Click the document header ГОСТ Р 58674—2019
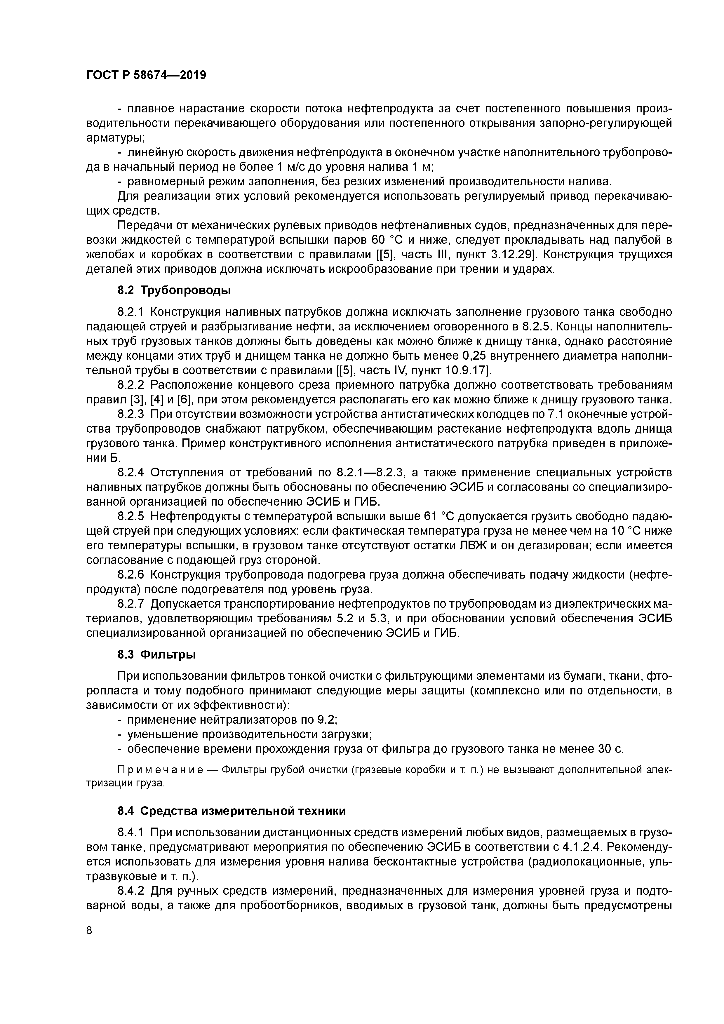tap(146, 75)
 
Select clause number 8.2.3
tap(131, 414)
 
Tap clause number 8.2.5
tap(131, 516)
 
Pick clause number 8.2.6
tap(131, 574)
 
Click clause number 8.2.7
tap(131, 604)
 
